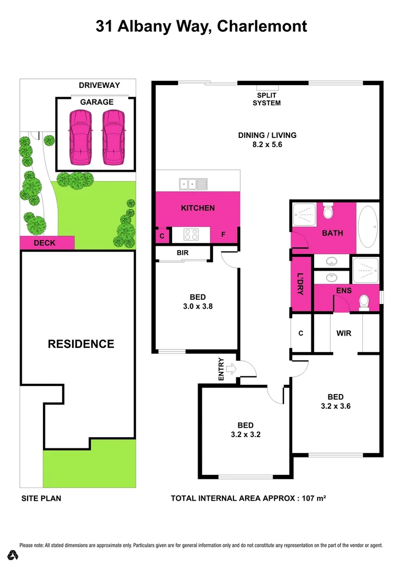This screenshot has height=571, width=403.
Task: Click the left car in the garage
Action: pyautogui.click(x=80, y=137)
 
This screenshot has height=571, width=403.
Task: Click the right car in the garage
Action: pyautogui.click(x=113, y=137)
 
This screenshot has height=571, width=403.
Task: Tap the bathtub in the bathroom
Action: pyautogui.click(x=368, y=226)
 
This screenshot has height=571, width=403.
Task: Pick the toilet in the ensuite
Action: pyautogui.click(x=364, y=302)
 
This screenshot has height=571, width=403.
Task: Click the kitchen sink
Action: pyautogui.click(x=193, y=184)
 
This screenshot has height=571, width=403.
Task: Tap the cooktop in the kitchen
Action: pyautogui.click(x=191, y=234)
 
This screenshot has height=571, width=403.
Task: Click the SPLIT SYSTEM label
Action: pyautogui.click(x=266, y=99)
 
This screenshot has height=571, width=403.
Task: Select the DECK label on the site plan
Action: pyautogui.click(x=44, y=243)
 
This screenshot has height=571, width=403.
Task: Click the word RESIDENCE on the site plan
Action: pyautogui.click(x=81, y=344)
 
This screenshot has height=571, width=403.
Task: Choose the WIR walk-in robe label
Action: pyautogui.click(x=344, y=334)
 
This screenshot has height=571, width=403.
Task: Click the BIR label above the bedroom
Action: pyautogui.click(x=183, y=253)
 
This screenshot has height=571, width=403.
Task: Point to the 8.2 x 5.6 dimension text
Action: pyautogui.click(x=267, y=144)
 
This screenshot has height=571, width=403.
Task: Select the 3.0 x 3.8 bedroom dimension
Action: pyautogui.click(x=198, y=306)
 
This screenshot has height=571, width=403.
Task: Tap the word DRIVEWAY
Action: pyautogui.click(x=100, y=85)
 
